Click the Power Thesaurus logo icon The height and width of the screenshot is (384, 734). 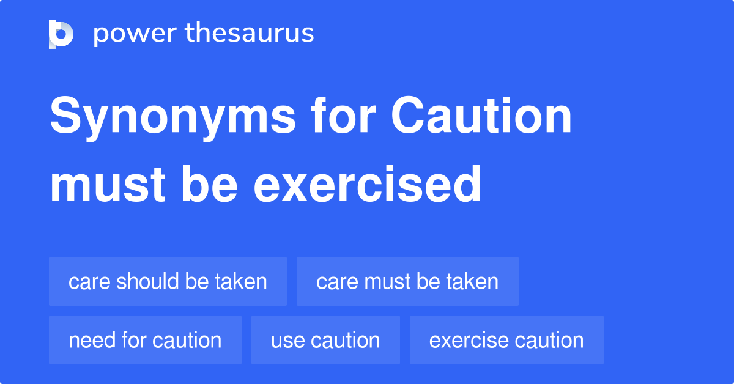pos(61,34)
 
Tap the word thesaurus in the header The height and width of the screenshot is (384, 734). pos(250,33)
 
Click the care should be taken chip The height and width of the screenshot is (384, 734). pos(168,281)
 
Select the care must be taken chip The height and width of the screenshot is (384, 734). pos(407,281)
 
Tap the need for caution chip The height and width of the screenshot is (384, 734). pos(145,340)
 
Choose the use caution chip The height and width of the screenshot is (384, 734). pos(325,340)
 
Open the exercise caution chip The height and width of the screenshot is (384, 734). pos(506,340)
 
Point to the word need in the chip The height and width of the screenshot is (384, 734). pos(91,340)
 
